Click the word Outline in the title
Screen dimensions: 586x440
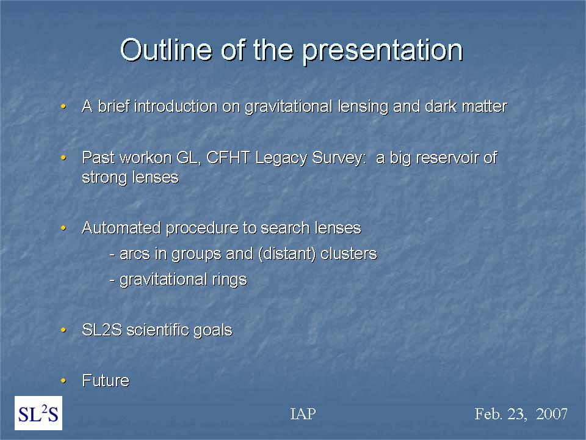click(166, 50)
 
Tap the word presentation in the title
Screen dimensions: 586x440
click(383, 51)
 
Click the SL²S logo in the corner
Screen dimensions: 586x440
click(38, 413)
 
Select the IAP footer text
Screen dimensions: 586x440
click(303, 414)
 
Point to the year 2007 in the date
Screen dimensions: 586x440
click(552, 414)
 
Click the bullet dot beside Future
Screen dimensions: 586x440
click(63, 381)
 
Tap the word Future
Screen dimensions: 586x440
click(106, 381)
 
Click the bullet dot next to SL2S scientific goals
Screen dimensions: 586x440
click(63, 330)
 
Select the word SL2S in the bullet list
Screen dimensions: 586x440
click(102, 330)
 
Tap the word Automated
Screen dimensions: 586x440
click(121, 228)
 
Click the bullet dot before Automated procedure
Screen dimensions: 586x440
click(63, 228)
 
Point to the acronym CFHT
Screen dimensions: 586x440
click(228, 158)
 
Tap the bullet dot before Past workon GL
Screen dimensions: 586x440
click(63, 158)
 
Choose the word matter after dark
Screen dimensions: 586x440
click(484, 106)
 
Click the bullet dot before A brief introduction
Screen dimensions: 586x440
click(63, 106)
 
